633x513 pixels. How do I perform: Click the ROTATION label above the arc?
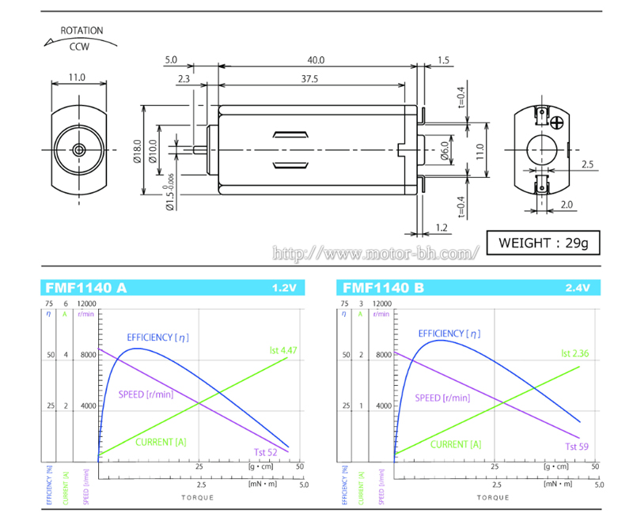point(81,31)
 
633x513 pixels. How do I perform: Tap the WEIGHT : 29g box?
point(543,242)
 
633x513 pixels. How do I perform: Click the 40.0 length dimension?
point(316,59)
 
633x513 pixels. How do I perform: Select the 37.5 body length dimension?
point(309,79)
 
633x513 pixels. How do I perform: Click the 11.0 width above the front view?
point(77,77)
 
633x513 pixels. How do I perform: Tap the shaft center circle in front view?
point(78,150)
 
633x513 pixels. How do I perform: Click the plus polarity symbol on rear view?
point(558,123)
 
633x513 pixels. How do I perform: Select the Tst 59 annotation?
point(576,446)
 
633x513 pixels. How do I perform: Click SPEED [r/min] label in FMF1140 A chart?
point(146,394)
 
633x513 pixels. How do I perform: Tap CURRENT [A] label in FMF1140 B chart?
point(455,444)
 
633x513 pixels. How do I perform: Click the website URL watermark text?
point(376,254)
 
